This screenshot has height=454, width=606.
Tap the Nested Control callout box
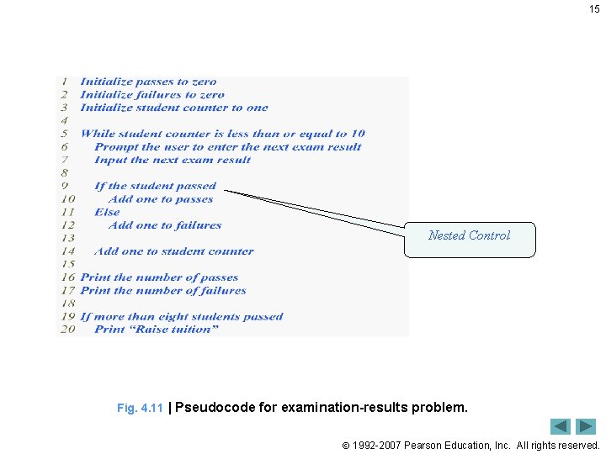tap(469, 236)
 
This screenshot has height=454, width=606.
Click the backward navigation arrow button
tap(561, 426)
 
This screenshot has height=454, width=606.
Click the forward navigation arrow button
tap(586, 426)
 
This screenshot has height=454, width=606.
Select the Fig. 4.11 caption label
tap(140, 409)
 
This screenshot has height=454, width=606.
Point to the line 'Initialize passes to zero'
tap(148, 82)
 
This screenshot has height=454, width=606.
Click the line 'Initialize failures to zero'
tap(152, 95)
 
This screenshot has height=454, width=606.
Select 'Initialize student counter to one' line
tap(174, 108)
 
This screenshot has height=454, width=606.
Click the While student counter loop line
tap(223, 134)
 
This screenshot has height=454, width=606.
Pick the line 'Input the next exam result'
tap(173, 160)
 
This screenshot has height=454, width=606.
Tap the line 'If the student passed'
tap(155, 186)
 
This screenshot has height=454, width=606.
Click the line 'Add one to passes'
tap(161, 199)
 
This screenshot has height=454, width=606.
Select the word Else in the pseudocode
tap(107, 212)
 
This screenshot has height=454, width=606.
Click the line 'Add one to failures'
tap(165, 225)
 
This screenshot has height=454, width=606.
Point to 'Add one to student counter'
tap(174, 251)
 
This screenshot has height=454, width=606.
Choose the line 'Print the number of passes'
tap(159, 277)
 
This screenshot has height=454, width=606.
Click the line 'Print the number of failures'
tap(163, 290)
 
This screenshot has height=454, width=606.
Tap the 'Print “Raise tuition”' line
tap(157, 330)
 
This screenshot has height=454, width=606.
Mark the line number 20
tap(67, 330)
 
